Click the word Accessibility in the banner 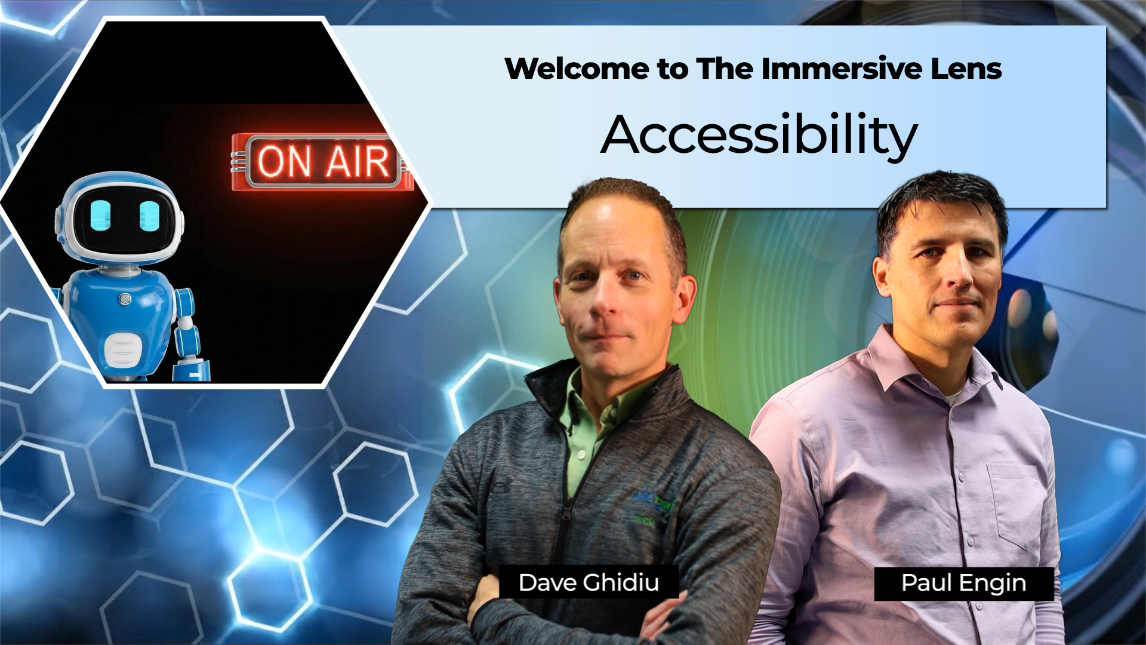(x=759, y=135)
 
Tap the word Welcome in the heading (x=576, y=69)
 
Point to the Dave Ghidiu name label (x=589, y=582)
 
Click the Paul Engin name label (x=963, y=583)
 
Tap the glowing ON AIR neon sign (x=322, y=162)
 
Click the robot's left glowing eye (x=101, y=216)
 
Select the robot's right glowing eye (x=149, y=216)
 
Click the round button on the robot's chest (x=125, y=299)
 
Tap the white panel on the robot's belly (x=123, y=350)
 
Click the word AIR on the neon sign (x=358, y=162)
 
